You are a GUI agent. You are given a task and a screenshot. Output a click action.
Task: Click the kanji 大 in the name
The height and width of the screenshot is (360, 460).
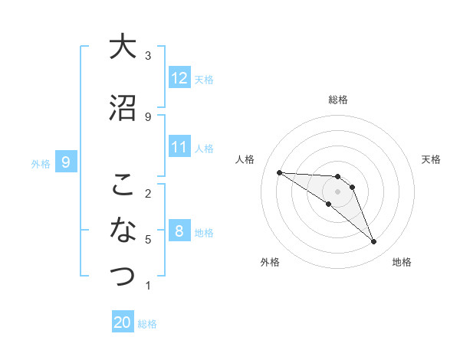[x=123, y=47]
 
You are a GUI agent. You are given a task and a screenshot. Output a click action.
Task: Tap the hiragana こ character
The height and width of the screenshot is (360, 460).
[x=123, y=185]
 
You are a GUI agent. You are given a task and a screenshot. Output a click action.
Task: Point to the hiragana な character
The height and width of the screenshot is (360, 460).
[x=123, y=229]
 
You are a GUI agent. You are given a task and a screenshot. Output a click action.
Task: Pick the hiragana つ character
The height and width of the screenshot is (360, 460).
[x=123, y=274]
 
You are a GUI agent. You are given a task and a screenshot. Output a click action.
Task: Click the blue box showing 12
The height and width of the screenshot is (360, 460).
[x=179, y=78]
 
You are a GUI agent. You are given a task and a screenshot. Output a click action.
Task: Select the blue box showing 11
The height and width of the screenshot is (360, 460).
[x=179, y=147]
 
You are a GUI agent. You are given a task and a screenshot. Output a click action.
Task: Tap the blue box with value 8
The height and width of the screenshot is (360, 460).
[x=179, y=231]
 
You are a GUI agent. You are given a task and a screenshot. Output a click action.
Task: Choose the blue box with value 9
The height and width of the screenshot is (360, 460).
[x=66, y=162]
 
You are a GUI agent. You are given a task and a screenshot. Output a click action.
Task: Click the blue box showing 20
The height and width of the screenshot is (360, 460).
[x=123, y=322]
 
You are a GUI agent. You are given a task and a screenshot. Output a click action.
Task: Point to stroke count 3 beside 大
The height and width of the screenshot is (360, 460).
[x=148, y=56]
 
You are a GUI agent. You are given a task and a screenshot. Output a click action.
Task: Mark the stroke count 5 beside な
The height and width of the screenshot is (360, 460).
[x=148, y=240]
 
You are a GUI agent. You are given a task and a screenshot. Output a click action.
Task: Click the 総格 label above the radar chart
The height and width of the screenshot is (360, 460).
[x=338, y=100]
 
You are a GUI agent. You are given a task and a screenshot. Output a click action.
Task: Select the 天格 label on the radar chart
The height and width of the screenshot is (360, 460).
[x=431, y=159]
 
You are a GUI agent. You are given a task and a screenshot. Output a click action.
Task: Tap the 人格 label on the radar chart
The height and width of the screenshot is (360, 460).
[x=245, y=159]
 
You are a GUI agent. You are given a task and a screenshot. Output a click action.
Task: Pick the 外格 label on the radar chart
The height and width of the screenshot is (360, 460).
[x=270, y=262]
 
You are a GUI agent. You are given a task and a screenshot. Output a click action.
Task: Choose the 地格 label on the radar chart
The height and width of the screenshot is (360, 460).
[x=402, y=262]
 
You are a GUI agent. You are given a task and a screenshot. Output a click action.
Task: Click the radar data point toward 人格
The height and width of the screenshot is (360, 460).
[x=279, y=172]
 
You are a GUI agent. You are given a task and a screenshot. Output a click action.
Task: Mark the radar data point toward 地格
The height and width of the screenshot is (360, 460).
[x=373, y=242]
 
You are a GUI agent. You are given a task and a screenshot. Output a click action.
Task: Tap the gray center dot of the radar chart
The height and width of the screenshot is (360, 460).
[x=338, y=191]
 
